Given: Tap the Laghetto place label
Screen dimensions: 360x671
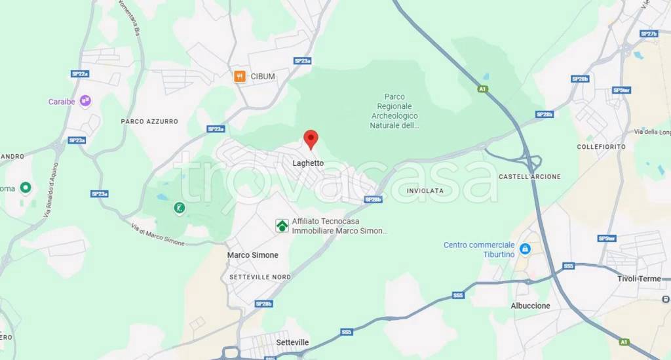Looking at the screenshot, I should (308, 163).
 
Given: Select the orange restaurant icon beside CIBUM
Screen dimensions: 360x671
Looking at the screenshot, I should (240, 77).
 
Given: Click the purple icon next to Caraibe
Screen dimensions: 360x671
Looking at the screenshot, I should (85, 101).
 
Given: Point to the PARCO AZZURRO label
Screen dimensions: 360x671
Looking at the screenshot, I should (149, 121).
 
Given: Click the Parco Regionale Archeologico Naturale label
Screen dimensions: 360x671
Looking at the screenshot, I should (394, 110).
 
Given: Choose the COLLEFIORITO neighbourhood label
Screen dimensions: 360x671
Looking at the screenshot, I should (601, 147).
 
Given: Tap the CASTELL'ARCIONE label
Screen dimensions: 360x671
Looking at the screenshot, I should (529, 177).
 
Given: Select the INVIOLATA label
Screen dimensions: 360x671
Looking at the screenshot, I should (425, 191).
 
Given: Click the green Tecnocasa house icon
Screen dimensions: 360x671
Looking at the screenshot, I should (282, 226).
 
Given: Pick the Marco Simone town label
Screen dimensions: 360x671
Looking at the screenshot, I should (252, 255).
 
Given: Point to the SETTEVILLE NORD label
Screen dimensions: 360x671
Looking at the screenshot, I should (260, 277).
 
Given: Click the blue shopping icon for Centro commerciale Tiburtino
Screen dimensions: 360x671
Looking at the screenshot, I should (525, 249).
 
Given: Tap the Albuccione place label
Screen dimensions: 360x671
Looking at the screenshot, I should (530, 306).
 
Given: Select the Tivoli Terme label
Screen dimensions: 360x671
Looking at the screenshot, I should (639, 279).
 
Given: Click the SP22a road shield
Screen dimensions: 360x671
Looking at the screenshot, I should (80, 74).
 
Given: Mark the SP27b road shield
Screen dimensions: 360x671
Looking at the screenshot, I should (648, 33).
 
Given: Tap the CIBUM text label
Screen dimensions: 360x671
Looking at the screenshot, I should (263, 77).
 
